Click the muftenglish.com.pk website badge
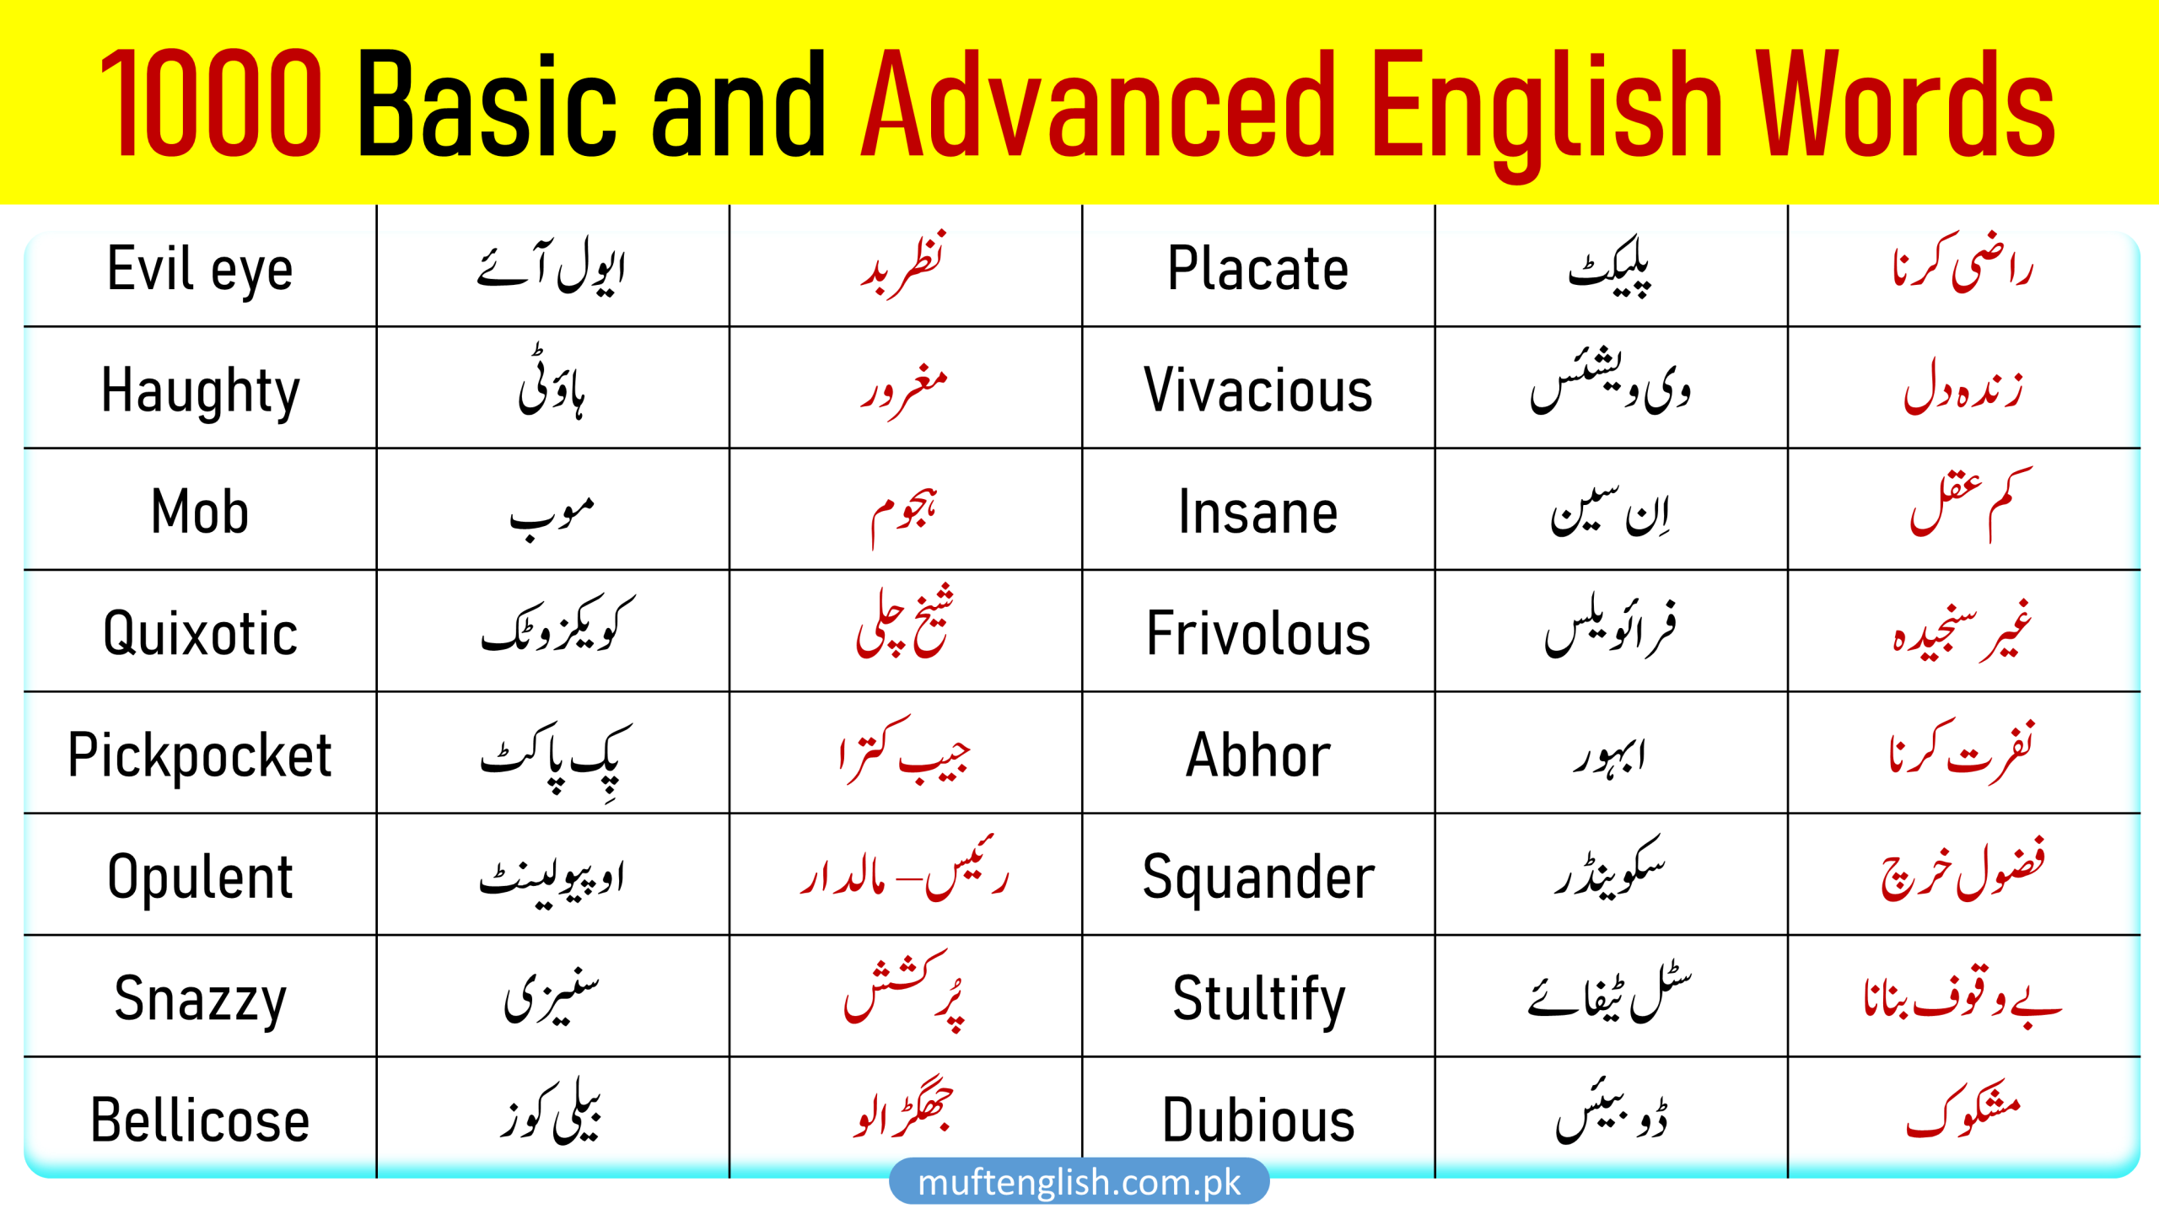(x=1079, y=1182)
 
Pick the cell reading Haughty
(x=200, y=389)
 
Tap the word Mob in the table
(x=200, y=512)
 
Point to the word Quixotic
(x=200, y=633)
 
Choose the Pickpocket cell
(x=200, y=755)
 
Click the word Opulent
(x=200, y=877)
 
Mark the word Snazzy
(x=200, y=998)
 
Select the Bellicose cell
(x=200, y=1120)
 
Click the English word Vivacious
(x=1257, y=389)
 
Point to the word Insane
(x=1257, y=512)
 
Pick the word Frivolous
(x=1257, y=633)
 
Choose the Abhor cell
(x=1257, y=755)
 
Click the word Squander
(x=1257, y=877)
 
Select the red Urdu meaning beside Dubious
(x=1963, y=1115)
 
